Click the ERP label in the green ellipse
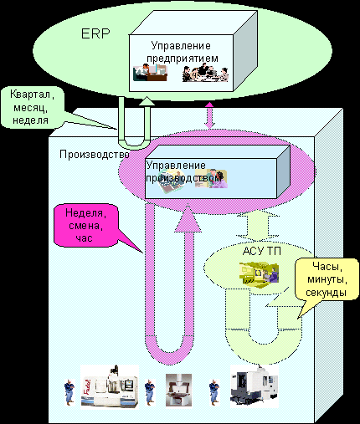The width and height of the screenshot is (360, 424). tap(95, 33)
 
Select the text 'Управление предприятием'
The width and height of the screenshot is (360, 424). tap(182, 52)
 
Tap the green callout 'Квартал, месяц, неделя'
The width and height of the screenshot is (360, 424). tap(33, 108)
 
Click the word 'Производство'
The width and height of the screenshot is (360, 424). tap(95, 155)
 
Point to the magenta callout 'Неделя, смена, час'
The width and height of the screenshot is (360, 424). tap(86, 226)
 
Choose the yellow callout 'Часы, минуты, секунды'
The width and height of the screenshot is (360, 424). tap(327, 279)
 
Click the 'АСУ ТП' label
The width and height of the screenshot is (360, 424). tap(261, 251)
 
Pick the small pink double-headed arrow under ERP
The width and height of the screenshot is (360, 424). tap(209, 115)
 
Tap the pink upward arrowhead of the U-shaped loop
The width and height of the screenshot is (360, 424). tap(188, 218)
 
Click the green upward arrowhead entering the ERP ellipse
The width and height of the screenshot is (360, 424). tap(147, 101)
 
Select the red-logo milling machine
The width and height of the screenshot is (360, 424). tap(110, 386)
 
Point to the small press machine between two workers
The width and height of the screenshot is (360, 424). tap(178, 390)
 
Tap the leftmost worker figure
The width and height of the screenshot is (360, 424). tap(69, 392)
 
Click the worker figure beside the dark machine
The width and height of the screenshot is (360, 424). tap(214, 392)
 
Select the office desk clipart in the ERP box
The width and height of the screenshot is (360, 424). tap(150, 73)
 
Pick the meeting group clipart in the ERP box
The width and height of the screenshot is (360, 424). tap(205, 73)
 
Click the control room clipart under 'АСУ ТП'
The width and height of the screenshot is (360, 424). tap(259, 273)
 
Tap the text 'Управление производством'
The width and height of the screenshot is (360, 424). tap(183, 171)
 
